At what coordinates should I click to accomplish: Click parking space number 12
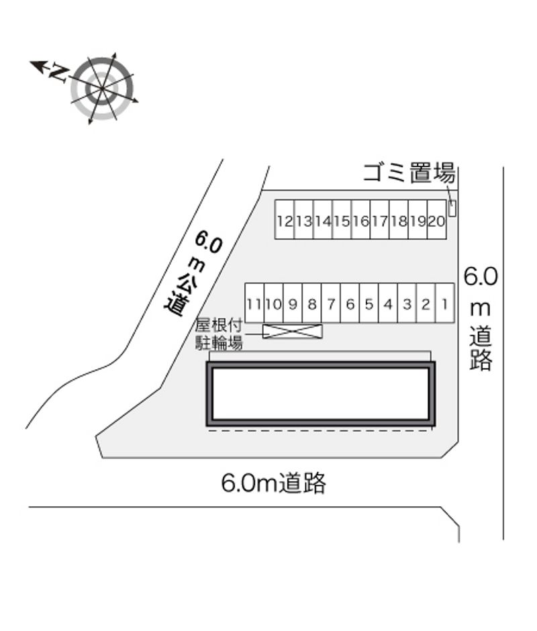(x=285, y=220)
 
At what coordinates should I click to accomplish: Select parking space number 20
(x=437, y=220)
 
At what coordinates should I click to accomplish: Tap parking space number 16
(x=361, y=220)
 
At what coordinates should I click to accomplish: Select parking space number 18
(x=399, y=220)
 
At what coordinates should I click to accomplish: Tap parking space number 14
(x=323, y=220)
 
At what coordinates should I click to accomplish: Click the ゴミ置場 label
(x=409, y=173)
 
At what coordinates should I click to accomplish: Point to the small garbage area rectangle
(x=452, y=208)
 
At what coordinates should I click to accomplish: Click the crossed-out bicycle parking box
(x=292, y=331)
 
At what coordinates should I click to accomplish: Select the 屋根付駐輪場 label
(x=218, y=334)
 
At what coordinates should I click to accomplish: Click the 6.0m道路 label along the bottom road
(x=274, y=483)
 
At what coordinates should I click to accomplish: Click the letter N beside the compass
(x=59, y=71)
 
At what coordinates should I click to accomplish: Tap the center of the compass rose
(x=103, y=88)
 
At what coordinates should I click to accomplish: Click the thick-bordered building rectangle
(x=321, y=393)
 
